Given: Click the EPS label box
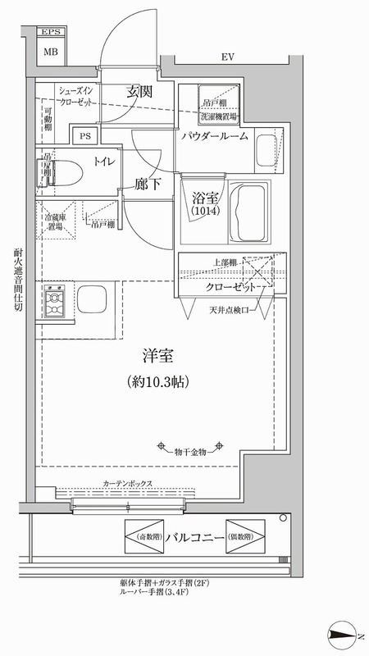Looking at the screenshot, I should [51, 33].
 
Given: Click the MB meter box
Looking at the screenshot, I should [51, 52].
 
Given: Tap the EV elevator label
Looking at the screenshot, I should [227, 57].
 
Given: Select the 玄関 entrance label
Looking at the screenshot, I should [142, 92].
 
